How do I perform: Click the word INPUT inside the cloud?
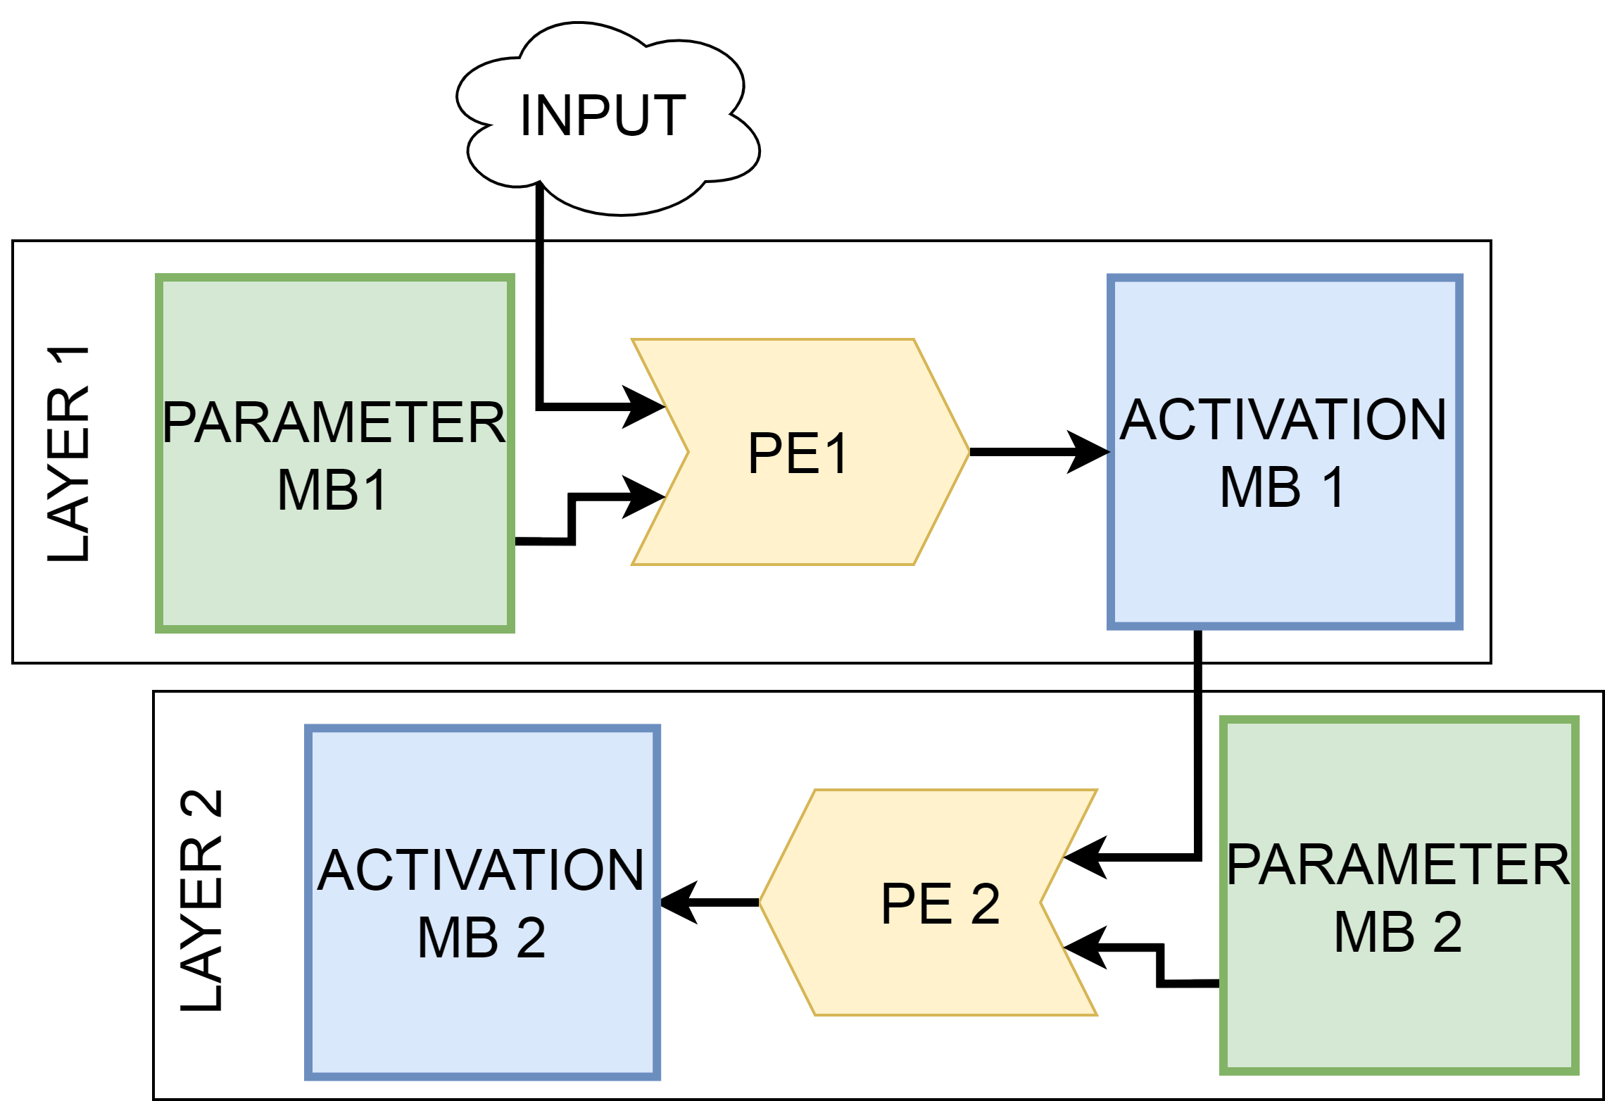tap(603, 116)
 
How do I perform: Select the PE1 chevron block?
tap(800, 452)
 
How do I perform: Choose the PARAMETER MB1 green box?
tap(335, 563)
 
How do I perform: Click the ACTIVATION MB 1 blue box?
tap(1285, 563)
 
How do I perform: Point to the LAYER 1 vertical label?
tap(68, 454)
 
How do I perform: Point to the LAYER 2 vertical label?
tap(201, 900)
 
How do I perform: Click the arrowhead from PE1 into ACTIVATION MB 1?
tap(1090, 452)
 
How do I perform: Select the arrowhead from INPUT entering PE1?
tap(644, 406)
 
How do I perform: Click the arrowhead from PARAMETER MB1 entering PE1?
tap(644, 497)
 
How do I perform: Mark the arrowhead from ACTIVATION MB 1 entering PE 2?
tap(1084, 857)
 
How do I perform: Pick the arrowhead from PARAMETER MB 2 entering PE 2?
tap(1084, 948)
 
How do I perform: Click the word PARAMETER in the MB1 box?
tap(334, 422)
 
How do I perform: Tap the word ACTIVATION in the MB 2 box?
tap(481, 870)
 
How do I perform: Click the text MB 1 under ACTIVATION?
tap(1283, 487)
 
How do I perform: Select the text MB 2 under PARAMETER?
tap(1398, 932)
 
